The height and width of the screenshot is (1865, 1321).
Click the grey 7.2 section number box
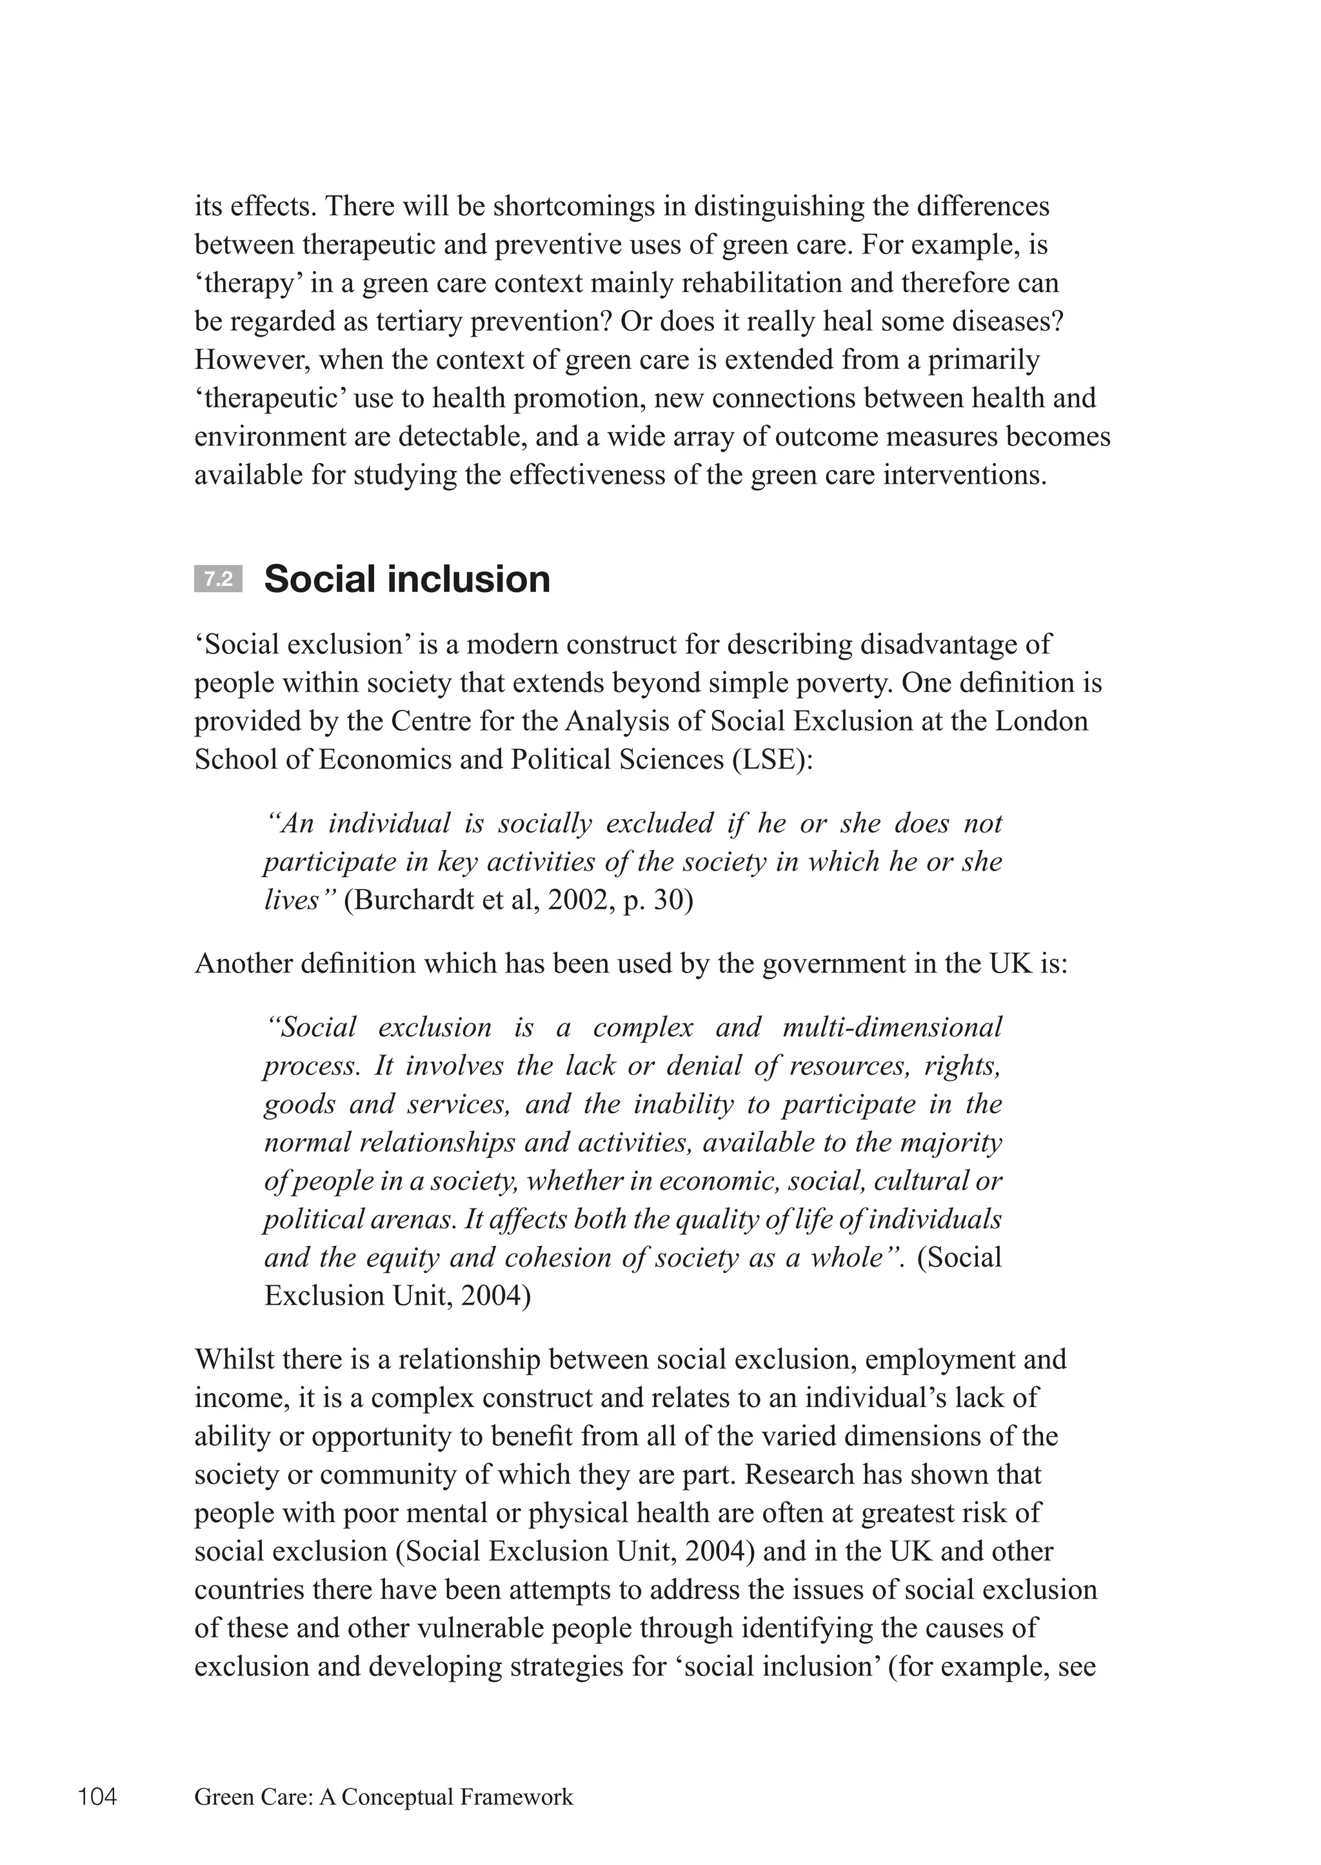(x=218, y=579)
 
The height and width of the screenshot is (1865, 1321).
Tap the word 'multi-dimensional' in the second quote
(x=891, y=1027)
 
